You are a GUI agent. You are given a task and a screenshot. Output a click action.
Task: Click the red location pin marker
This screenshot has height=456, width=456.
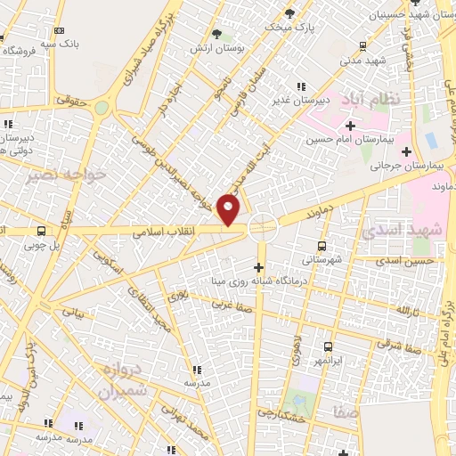pos(230,209)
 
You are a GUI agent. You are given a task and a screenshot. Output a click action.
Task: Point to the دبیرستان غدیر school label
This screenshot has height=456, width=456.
pos(301,100)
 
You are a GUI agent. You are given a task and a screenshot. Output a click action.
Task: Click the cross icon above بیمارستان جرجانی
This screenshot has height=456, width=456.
pos(406,151)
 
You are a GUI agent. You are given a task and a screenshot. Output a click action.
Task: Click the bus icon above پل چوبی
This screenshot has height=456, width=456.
pos(41,231)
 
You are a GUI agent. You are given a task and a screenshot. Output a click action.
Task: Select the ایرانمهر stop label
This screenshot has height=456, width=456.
pos(327,361)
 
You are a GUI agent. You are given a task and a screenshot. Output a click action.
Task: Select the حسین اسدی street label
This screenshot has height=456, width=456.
pos(405,261)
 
